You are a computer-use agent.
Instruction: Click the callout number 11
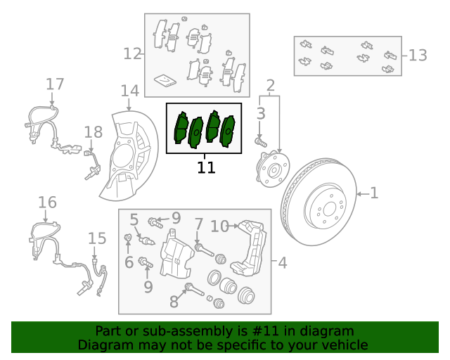206,167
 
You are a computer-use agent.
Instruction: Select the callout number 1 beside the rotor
374,192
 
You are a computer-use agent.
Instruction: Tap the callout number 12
132,53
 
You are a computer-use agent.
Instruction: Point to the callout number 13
418,55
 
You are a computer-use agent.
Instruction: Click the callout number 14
130,91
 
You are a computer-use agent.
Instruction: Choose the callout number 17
55,84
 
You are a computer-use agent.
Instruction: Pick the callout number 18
94,131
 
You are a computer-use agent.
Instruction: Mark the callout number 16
47,203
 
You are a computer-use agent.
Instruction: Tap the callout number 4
282,263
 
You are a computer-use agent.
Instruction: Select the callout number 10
219,226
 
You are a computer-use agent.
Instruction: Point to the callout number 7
199,224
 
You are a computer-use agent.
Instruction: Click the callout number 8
174,302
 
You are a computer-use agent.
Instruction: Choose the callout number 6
129,262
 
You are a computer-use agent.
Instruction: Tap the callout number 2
270,86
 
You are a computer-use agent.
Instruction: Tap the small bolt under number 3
262,141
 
